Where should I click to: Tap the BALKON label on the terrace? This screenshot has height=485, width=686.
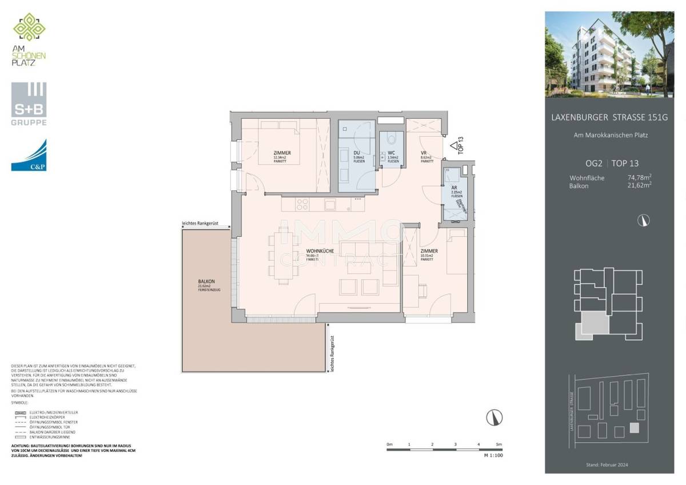(206, 281)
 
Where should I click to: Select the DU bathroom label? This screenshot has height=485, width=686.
(356, 153)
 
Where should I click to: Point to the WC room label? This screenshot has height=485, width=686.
(392, 153)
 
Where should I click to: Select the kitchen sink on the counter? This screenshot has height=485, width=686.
(330, 204)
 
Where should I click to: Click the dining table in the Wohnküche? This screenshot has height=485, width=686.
(284, 255)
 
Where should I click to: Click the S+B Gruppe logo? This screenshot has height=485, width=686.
(29, 104)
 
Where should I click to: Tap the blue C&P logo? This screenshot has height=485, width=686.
(29, 155)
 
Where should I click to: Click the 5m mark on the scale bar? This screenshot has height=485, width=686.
(498, 444)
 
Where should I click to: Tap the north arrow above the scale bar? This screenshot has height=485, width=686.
(491, 418)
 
